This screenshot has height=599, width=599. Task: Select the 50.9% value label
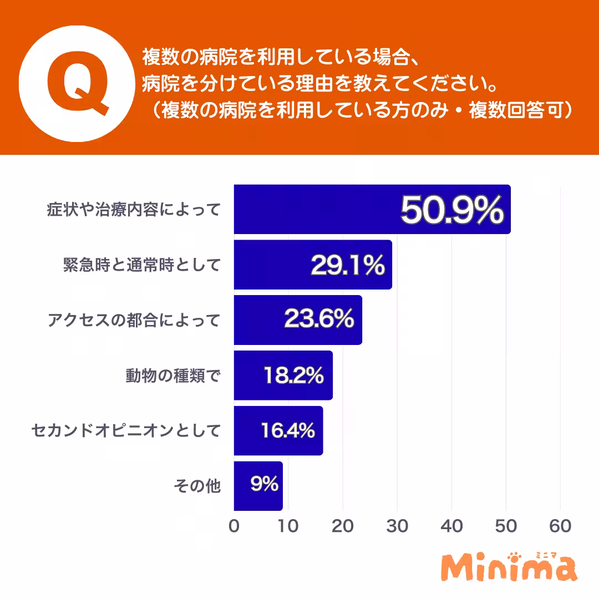tap(451, 210)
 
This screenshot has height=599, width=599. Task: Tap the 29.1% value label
tap(348, 266)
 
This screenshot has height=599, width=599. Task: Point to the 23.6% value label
tap(319, 319)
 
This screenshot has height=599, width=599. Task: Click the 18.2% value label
tap(293, 375)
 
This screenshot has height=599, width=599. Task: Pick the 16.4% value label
tap(288, 430)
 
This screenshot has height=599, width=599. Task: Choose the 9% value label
tap(264, 485)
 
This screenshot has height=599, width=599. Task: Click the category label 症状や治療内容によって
tap(134, 210)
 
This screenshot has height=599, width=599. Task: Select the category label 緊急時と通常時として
tap(141, 265)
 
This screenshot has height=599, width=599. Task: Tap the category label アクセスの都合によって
tap(134, 320)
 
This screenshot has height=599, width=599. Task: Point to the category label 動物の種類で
tap(172, 376)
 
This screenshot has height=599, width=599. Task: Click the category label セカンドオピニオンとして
tap(126, 430)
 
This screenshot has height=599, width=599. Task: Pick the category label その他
tap(197, 486)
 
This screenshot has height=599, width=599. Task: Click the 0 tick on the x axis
tap(234, 526)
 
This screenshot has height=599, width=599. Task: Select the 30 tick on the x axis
tap(397, 526)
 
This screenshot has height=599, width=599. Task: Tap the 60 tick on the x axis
tap(560, 526)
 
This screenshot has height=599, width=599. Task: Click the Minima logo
tap(509, 568)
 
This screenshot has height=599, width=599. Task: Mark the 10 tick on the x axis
tap(288, 526)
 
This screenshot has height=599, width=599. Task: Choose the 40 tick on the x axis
tap(451, 526)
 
